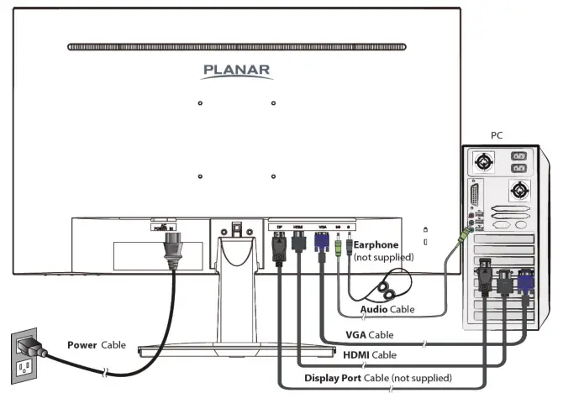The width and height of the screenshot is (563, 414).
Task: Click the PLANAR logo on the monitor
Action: (x=237, y=71)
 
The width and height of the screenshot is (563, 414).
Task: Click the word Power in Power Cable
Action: (x=82, y=345)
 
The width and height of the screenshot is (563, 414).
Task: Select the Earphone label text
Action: (x=376, y=245)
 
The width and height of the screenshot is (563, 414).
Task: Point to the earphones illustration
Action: (x=388, y=289)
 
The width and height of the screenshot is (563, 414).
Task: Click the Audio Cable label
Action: (x=387, y=310)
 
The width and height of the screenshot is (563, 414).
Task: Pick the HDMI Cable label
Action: (x=369, y=355)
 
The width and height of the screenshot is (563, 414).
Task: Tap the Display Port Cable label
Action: (x=377, y=378)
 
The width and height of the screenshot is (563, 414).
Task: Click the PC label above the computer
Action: (x=498, y=134)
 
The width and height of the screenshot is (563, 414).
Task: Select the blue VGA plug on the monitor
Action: (x=321, y=243)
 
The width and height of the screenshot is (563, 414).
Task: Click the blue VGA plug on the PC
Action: (x=525, y=280)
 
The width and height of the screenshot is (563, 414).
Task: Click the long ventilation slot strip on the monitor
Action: (x=238, y=47)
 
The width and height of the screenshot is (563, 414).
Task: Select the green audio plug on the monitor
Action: (x=338, y=249)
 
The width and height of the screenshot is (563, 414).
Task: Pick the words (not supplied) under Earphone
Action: (x=384, y=256)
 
